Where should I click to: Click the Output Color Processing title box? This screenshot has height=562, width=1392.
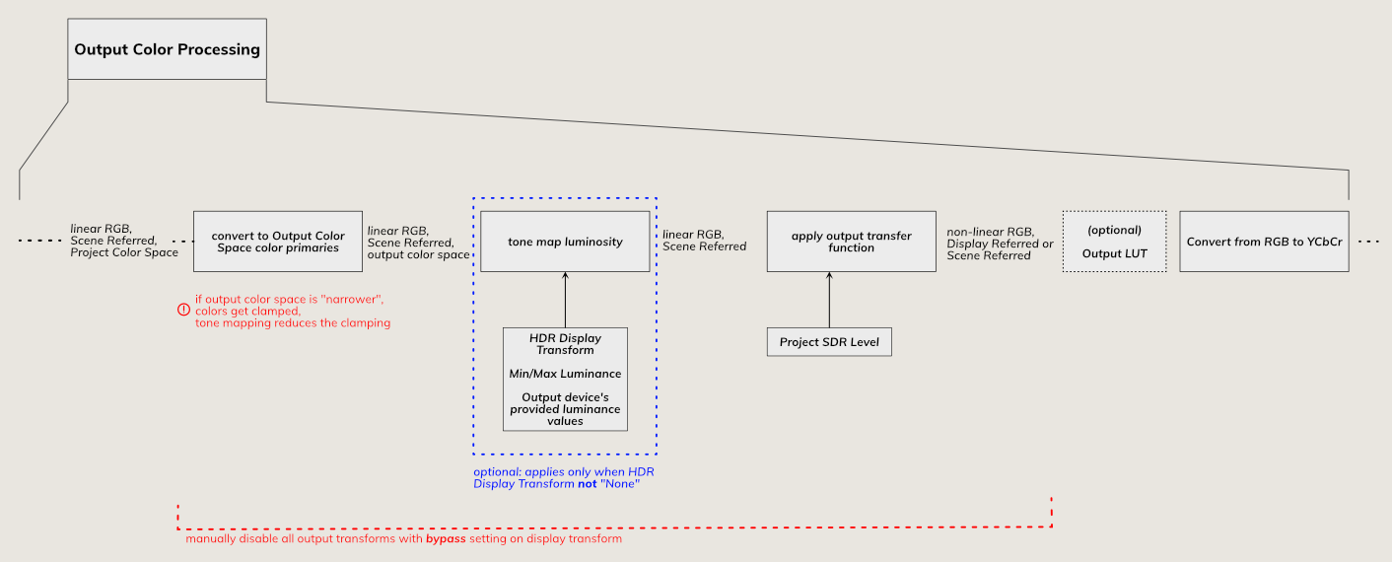[x=167, y=49]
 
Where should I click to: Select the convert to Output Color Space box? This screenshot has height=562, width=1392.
[x=278, y=242]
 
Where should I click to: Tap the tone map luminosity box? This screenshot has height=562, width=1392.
[x=565, y=242]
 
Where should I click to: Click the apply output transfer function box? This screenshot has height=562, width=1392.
[x=851, y=242]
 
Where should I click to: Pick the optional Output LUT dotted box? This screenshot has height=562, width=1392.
[x=1113, y=242]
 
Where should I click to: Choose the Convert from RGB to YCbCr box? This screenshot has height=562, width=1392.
[x=1264, y=242]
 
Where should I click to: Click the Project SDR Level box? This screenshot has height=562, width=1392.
[x=829, y=342]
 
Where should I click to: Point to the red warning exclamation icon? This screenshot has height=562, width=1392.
[x=183, y=310]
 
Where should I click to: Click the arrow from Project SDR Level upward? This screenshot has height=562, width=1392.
[x=829, y=300]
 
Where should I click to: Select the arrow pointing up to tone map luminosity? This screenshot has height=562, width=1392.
[x=565, y=300]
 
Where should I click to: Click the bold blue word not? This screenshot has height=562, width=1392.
[x=588, y=484]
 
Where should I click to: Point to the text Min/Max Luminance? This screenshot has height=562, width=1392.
[x=565, y=374]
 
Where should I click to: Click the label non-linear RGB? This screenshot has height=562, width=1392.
[x=989, y=232]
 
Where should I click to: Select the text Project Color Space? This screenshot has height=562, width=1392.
[x=124, y=252]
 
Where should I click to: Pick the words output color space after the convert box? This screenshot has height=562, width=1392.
[x=419, y=254]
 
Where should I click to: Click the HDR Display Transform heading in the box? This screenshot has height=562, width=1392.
[x=565, y=343]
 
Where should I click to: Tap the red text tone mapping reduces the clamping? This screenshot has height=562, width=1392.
[x=293, y=322]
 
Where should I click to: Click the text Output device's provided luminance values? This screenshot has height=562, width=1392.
[x=565, y=409]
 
